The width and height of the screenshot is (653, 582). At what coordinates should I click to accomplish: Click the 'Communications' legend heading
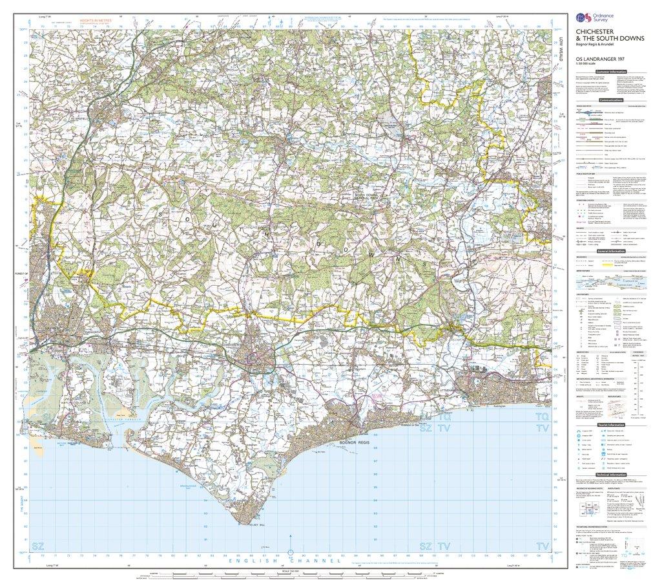610,101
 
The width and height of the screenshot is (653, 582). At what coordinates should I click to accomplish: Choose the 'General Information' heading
610,251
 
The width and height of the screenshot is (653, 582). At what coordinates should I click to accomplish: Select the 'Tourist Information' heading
610,424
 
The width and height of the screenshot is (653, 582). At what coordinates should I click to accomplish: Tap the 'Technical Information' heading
610,475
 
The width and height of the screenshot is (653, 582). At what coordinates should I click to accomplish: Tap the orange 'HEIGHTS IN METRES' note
95,21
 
